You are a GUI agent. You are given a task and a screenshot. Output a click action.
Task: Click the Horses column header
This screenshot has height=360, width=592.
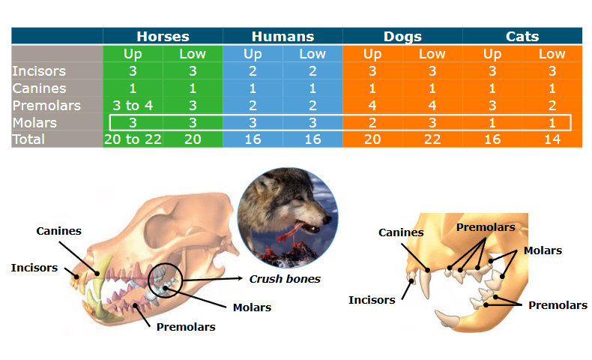pos(163,36)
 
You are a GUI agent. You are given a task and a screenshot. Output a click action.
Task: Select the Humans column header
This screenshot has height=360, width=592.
pos(283,36)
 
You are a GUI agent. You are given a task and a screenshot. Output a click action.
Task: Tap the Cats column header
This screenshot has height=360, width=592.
pos(522,36)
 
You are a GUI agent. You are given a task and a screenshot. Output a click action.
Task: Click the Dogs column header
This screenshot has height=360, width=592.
pos(402,36)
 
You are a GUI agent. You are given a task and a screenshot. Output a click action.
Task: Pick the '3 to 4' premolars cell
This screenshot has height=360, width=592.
pos(133,105)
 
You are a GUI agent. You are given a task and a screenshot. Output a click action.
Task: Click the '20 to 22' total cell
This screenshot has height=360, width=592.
pos(133,139)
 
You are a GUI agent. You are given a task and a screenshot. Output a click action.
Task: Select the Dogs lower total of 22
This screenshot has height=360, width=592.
pos(432,139)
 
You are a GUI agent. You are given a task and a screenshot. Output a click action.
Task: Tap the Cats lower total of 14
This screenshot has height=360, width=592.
pos(552,139)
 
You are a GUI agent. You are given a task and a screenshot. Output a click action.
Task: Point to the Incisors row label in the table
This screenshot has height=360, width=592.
pos(39,71)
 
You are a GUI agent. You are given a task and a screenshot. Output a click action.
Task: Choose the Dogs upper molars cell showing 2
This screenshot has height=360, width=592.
pos(372,122)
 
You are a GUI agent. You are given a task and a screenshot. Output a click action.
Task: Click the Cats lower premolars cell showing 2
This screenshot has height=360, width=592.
pos(552,105)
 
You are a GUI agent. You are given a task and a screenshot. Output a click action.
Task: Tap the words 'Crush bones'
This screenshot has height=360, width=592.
pos(285,279)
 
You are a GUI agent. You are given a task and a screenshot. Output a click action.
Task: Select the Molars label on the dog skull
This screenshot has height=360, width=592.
pos(252,307)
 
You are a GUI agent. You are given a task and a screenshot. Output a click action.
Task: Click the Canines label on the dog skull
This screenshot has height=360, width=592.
pos(58,230)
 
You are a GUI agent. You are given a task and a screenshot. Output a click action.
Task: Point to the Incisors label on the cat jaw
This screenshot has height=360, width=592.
pos(372,300)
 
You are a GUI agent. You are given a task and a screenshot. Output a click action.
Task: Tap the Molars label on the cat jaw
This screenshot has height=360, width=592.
pos(543,250)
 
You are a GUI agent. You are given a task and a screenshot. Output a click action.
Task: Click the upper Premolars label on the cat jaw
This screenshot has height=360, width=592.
pos(486,226)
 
